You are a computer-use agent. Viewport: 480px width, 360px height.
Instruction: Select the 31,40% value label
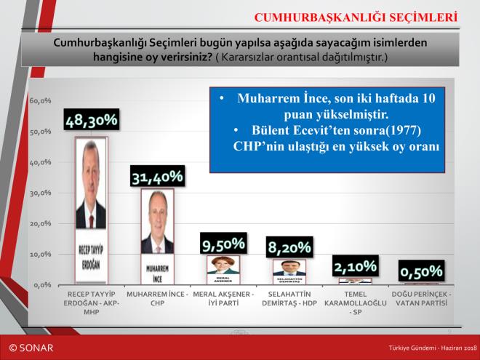(157, 177)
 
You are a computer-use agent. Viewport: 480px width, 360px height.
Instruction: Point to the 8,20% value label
(289, 247)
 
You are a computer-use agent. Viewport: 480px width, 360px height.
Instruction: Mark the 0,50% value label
(423, 271)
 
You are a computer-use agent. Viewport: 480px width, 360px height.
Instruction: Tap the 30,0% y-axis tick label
(40, 193)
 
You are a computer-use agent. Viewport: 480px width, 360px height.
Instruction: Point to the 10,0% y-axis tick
(40, 255)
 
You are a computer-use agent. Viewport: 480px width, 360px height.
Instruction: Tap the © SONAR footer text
(31, 348)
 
